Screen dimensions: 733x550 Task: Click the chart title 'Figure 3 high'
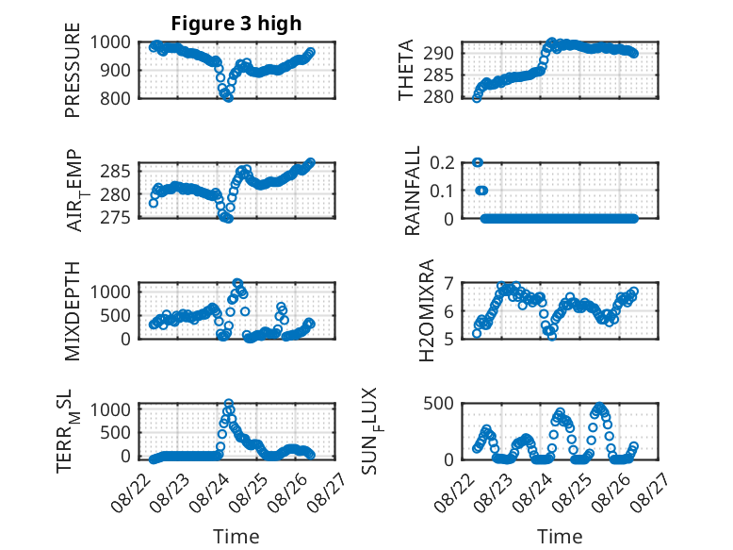click(x=236, y=24)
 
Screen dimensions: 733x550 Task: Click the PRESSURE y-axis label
click(x=73, y=70)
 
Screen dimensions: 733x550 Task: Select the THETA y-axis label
click(x=406, y=70)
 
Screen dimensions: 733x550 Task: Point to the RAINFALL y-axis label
click(x=413, y=191)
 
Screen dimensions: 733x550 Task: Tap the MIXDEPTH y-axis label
click(x=73, y=311)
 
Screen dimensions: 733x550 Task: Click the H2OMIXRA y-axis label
click(x=427, y=310)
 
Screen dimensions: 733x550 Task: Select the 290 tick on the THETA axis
click(x=438, y=54)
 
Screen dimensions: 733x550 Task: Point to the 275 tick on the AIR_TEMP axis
click(x=115, y=218)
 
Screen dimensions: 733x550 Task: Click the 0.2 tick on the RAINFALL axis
click(x=442, y=163)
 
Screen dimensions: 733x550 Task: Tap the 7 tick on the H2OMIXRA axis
click(x=448, y=283)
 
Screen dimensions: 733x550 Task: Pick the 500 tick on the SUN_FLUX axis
click(x=438, y=403)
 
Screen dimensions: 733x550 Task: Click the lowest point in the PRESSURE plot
click(x=228, y=97)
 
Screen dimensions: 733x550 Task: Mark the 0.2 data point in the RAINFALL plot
click(x=478, y=162)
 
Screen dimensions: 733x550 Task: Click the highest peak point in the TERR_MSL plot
click(x=229, y=404)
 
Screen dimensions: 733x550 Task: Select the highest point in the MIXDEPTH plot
click(x=237, y=283)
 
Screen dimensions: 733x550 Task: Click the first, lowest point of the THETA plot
click(x=477, y=98)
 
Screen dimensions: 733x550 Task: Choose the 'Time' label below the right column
click(x=560, y=536)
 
